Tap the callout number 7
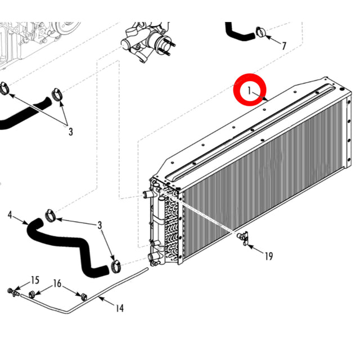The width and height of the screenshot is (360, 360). pyautogui.click(x=284, y=46)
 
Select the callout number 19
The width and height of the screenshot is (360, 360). pyautogui.click(x=268, y=256)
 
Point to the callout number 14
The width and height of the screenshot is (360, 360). pyautogui.click(x=119, y=308)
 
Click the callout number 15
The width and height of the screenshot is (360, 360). pyautogui.click(x=35, y=280)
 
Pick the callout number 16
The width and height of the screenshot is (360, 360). pyautogui.click(x=57, y=283)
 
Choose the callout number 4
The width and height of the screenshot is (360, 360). pyautogui.click(x=10, y=214)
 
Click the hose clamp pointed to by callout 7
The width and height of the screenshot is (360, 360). pyautogui.click(x=260, y=32)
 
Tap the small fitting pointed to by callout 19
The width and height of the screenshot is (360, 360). pyautogui.click(x=243, y=238)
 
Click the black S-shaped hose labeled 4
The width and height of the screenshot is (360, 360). pyautogui.click(x=67, y=245)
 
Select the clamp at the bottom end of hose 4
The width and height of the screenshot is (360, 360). pyautogui.click(x=116, y=263)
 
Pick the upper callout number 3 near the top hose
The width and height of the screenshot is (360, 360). pyautogui.click(x=71, y=132)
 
